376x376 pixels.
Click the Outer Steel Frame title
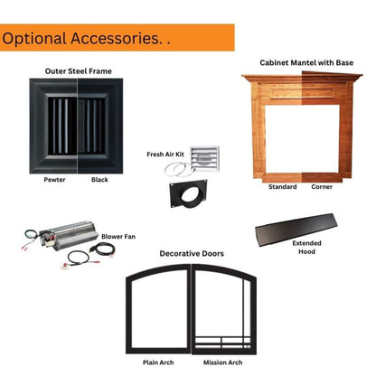(79, 71)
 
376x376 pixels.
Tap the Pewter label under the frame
(54, 180)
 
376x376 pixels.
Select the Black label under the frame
(99, 180)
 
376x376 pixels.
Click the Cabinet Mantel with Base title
(306, 62)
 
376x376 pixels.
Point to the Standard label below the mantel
(282, 187)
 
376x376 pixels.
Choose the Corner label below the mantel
(322, 187)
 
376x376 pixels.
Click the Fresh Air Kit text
(165, 155)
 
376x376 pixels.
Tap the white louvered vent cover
(205, 159)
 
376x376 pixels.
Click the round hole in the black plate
(191, 195)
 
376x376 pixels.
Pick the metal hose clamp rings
(179, 169)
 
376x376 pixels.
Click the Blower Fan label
(118, 237)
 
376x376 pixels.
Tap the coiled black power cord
(102, 249)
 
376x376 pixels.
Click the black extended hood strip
(296, 230)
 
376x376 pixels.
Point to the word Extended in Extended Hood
(306, 243)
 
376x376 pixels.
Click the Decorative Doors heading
(192, 254)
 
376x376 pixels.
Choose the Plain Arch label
(158, 362)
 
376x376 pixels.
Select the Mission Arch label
(222, 362)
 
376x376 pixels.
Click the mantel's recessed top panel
(303, 92)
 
